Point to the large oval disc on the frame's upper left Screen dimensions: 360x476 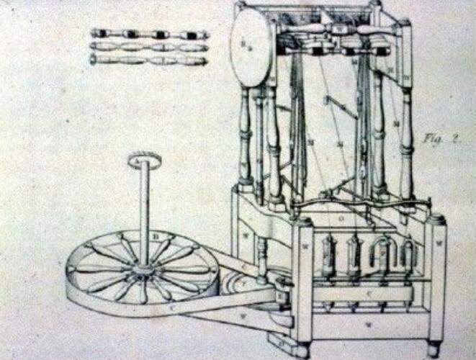click(250, 50)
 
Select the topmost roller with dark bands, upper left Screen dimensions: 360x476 click(149, 34)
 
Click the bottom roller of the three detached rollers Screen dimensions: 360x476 click(149, 60)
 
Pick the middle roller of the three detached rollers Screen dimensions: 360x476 click(149, 47)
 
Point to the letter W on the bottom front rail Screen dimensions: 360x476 click(369, 325)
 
